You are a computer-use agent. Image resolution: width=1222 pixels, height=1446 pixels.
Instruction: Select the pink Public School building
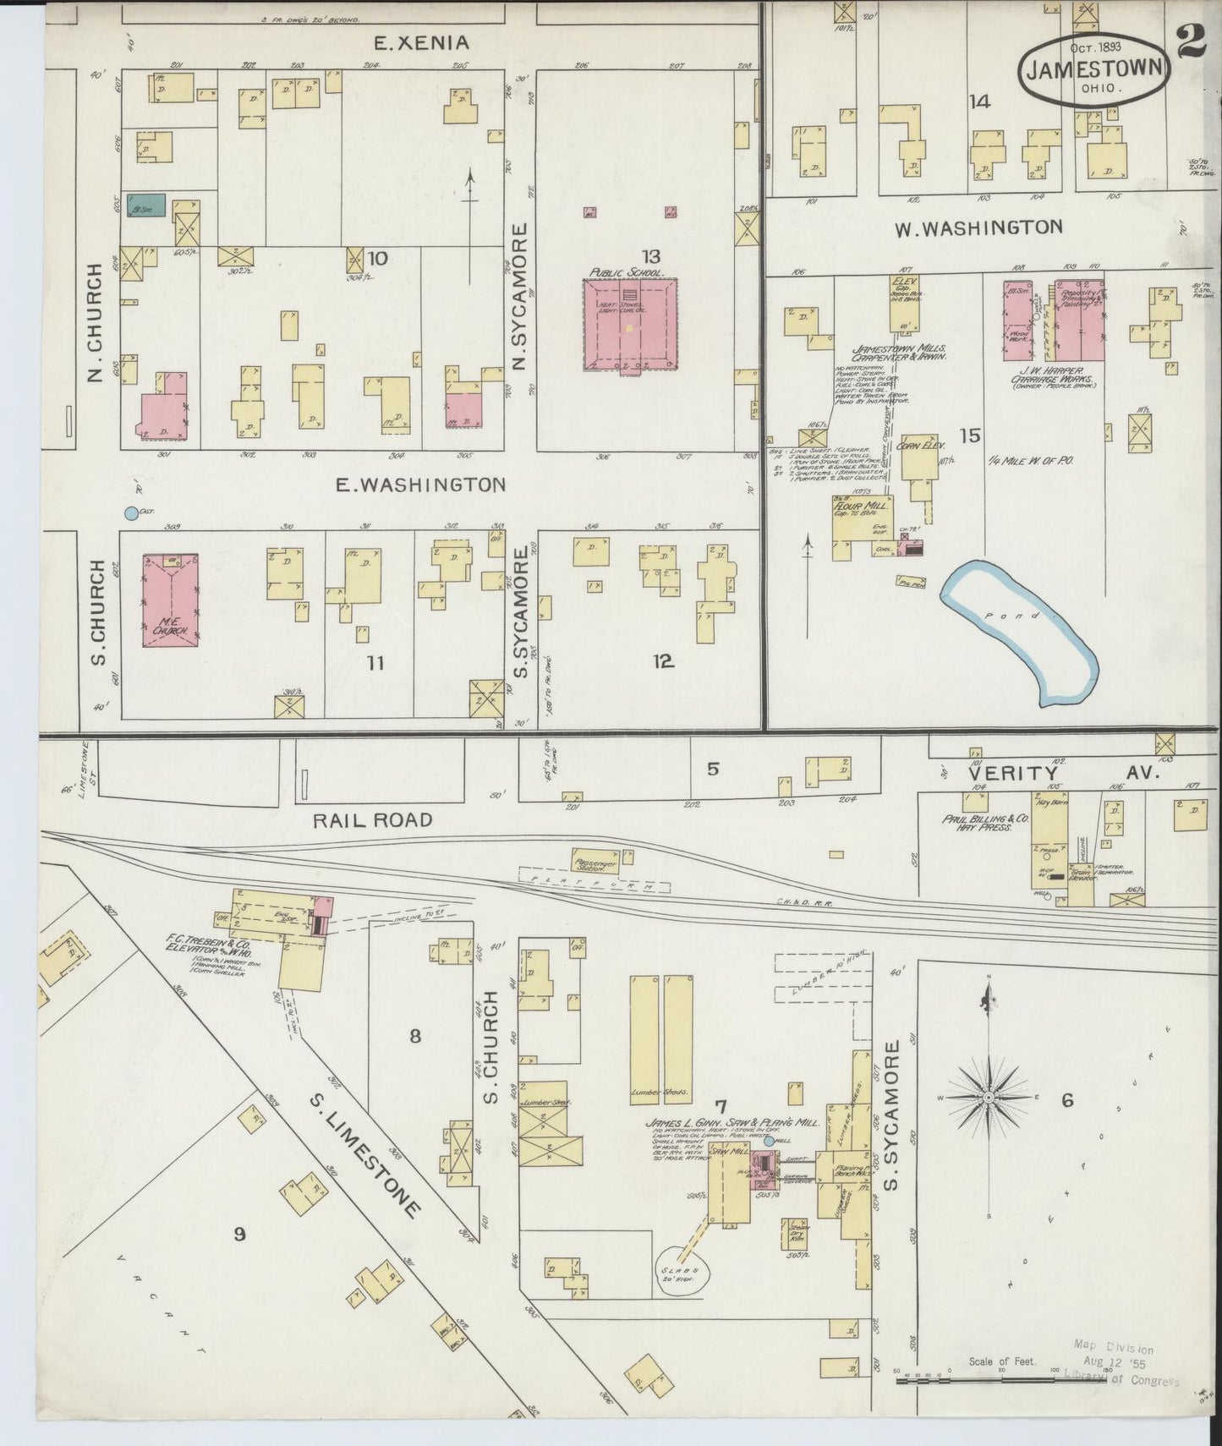tap(630, 325)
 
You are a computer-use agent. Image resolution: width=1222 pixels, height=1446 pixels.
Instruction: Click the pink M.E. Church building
tap(171, 600)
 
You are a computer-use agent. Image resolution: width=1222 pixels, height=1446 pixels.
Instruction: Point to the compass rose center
tap(987, 1098)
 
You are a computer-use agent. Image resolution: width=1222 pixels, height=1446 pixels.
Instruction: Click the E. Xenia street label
tap(421, 42)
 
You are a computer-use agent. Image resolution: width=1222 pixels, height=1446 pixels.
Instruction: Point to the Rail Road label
tap(372, 819)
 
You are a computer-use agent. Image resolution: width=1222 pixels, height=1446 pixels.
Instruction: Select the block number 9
tap(239, 1234)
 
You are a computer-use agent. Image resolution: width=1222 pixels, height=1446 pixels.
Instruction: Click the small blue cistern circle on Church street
tap(130, 512)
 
